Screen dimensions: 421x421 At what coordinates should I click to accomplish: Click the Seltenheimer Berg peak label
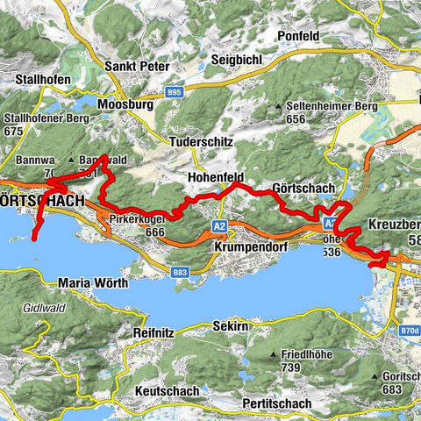click(x=333, y=106)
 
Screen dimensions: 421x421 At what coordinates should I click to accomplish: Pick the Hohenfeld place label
click(x=215, y=176)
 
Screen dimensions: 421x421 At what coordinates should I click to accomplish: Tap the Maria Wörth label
click(x=93, y=282)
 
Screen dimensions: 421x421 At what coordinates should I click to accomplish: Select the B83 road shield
click(x=181, y=274)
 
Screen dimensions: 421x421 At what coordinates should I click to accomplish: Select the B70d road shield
click(x=405, y=332)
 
